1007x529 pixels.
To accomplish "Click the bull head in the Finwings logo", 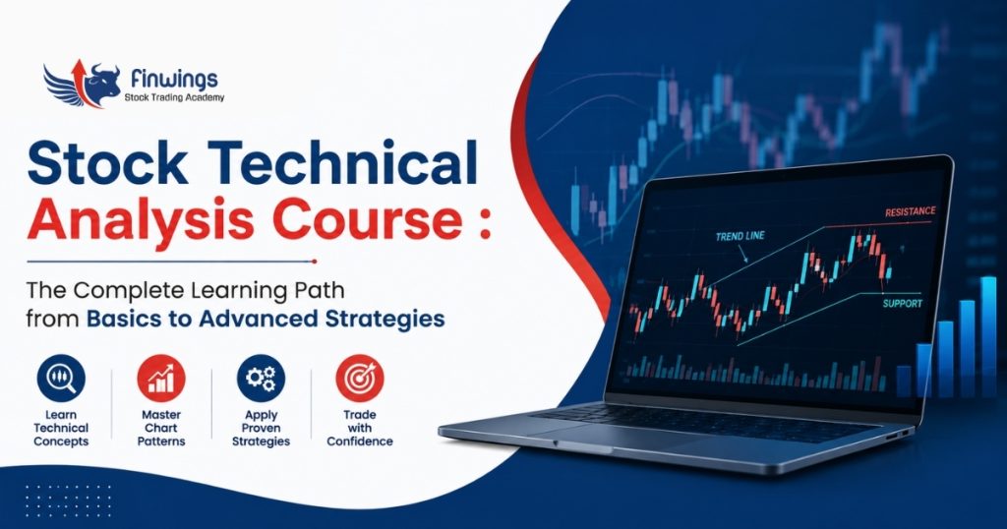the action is [x=102, y=83].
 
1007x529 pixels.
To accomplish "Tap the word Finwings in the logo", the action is [x=174, y=79].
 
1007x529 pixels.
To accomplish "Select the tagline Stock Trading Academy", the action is [x=174, y=97].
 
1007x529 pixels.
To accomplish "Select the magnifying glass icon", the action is [x=61, y=379].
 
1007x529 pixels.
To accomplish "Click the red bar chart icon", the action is [x=160, y=379].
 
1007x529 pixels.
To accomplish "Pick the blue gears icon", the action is [x=261, y=379].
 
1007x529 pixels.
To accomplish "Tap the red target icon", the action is [x=360, y=379].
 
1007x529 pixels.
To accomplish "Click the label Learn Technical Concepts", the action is [x=61, y=428].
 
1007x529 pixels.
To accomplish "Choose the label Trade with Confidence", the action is [x=360, y=428].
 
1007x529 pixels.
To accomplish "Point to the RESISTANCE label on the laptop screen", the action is [x=910, y=211].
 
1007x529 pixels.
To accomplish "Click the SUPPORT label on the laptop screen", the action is [x=903, y=304].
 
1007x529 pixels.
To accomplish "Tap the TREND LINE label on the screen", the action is [x=740, y=236].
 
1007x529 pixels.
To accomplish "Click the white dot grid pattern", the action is [x=68, y=500].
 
